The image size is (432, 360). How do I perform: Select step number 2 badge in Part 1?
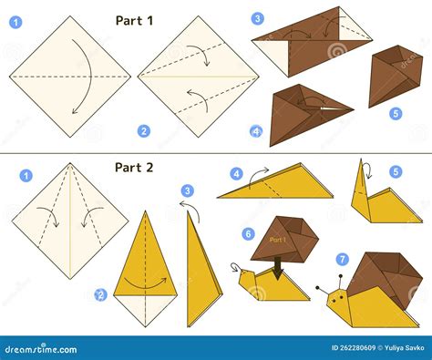tap(143, 131)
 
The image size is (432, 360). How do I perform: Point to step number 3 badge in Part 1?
tap(258, 18)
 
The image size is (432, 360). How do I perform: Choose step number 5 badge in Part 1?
tap(395, 113)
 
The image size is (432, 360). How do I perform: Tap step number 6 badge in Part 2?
tap(248, 233)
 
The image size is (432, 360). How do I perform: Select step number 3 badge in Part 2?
tap(187, 191)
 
